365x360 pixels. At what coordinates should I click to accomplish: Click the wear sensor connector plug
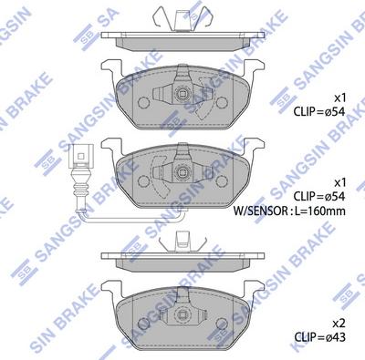point(80,156)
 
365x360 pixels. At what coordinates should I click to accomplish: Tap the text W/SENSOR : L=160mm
point(289,211)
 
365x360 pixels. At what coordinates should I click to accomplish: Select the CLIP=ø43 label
point(319,336)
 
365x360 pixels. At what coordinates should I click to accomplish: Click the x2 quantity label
point(339,324)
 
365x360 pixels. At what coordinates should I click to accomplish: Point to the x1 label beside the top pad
point(339,98)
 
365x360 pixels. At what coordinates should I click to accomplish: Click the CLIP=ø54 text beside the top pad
point(319,112)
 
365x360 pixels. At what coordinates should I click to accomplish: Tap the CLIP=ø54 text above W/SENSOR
point(319,197)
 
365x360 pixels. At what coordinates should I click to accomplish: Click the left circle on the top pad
point(143,102)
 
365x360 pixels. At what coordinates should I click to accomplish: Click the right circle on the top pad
point(223,102)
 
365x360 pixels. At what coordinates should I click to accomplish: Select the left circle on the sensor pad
point(143,181)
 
